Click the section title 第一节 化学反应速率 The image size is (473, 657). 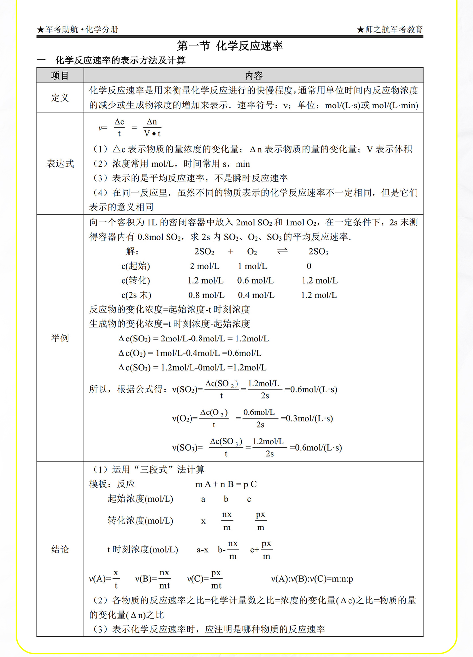230,46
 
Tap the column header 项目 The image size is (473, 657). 60,76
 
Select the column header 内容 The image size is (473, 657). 254,76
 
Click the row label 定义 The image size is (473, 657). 60,98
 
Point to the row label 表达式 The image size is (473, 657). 60,164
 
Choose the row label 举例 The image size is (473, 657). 60,338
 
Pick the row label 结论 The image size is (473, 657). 60,549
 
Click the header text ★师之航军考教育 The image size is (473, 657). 390,30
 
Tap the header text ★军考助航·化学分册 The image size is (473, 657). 78,30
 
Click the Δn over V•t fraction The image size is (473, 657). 152,128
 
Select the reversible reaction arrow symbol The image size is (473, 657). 282,251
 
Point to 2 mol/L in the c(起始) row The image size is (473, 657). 204,266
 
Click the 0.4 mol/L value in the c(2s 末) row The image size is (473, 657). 256,295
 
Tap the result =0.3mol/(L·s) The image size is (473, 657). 307,418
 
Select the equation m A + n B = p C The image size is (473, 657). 226,484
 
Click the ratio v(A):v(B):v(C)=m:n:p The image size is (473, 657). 312,579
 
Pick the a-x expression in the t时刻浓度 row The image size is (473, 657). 202,550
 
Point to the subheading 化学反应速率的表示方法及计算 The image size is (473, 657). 120,60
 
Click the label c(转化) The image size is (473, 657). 136,280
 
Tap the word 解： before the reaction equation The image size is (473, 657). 132,251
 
